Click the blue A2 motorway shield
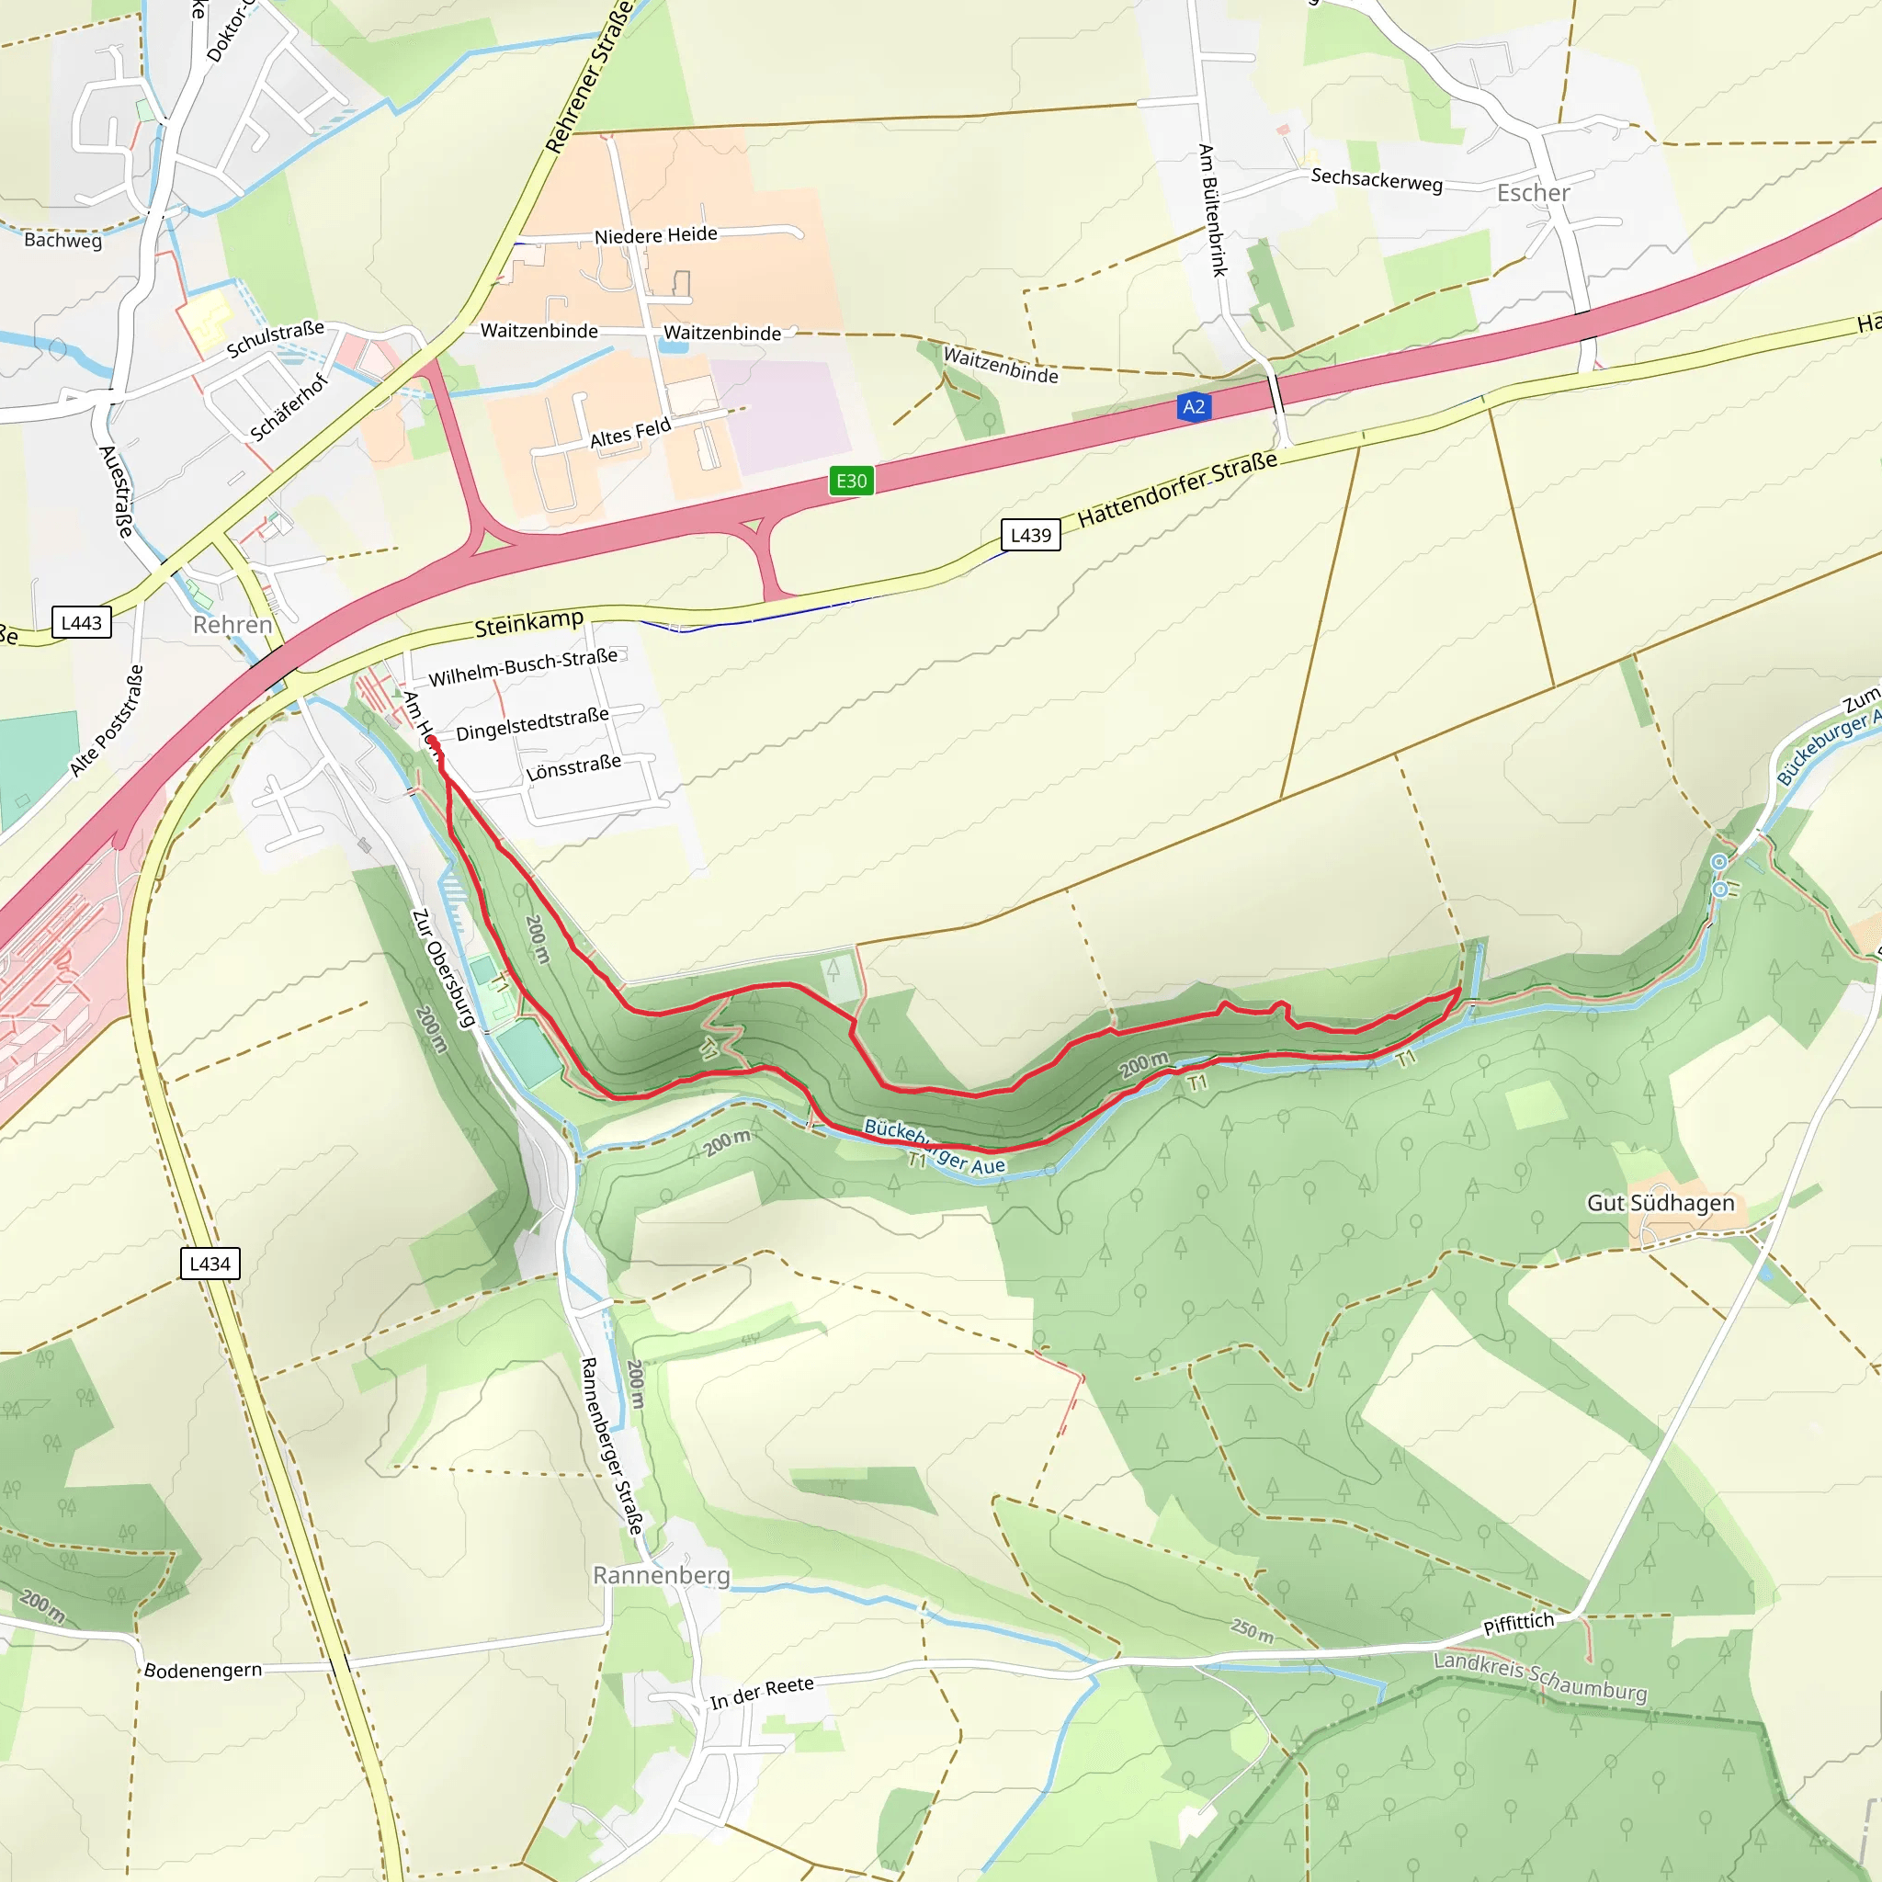pos(1194,407)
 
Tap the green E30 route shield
pos(851,481)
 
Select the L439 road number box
pos(1031,535)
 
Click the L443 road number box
pos(81,622)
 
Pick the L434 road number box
pos(210,1264)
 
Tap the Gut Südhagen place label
pos(1660,1203)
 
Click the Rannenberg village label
pos(661,1575)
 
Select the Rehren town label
pos(232,624)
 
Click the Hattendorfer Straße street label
pos(1177,489)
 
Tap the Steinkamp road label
pos(529,623)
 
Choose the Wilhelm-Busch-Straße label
pos(523,667)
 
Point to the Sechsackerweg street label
pos(1376,180)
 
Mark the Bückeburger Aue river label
pos(935,1147)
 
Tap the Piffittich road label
pos(1518,1624)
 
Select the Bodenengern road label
pos(202,1671)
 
